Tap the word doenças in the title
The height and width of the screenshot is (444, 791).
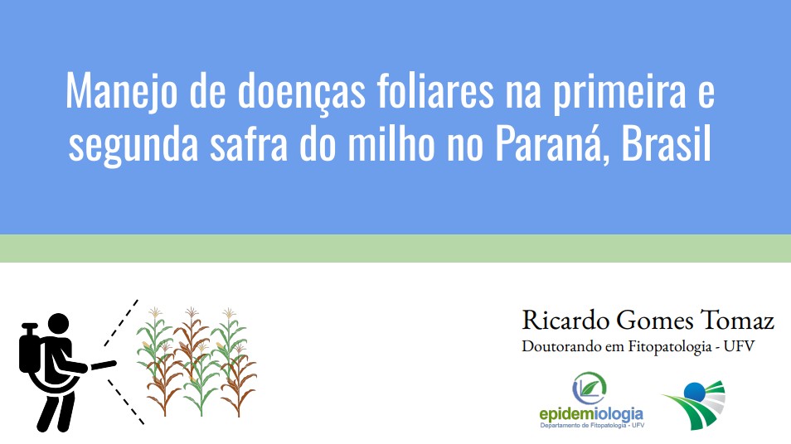[301, 92]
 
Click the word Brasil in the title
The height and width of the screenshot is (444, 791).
[666, 143]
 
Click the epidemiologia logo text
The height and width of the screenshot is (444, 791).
[591, 415]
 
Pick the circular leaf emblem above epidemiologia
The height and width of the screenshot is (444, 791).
[590, 388]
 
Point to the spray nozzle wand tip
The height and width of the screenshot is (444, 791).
[112, 364]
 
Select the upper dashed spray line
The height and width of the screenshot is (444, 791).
[121, 322]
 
